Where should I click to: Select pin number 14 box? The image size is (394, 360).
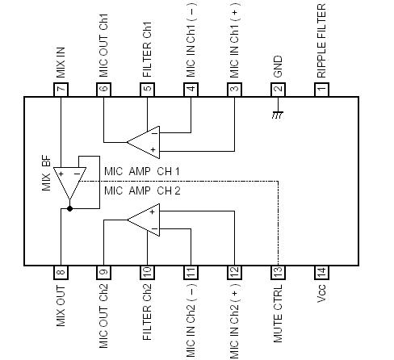pos(321,272)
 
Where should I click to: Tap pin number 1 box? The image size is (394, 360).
pos(321,89)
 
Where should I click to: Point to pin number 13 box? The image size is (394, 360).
pos(278,272)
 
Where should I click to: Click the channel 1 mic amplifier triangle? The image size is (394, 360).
pos(145,142)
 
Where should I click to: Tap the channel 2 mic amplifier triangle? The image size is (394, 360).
pos(145,219)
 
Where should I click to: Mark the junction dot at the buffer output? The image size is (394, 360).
pos(71,208)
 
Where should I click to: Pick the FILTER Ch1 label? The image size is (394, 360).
pos(147,52)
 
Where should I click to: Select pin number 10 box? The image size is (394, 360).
pos(147,272)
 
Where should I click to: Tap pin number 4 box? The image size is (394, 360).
pos(191,89)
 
